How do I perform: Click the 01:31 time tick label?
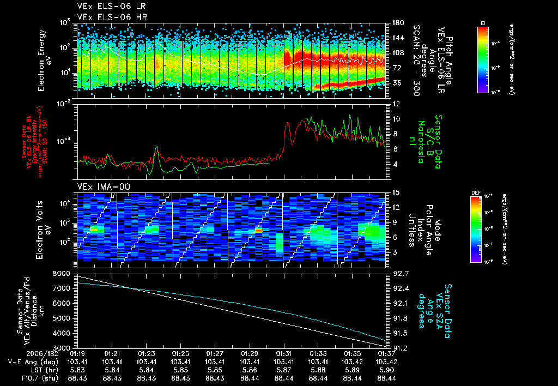pos(284,354)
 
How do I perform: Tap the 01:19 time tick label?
pos(78,354)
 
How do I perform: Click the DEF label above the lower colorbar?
pos(475,192)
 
